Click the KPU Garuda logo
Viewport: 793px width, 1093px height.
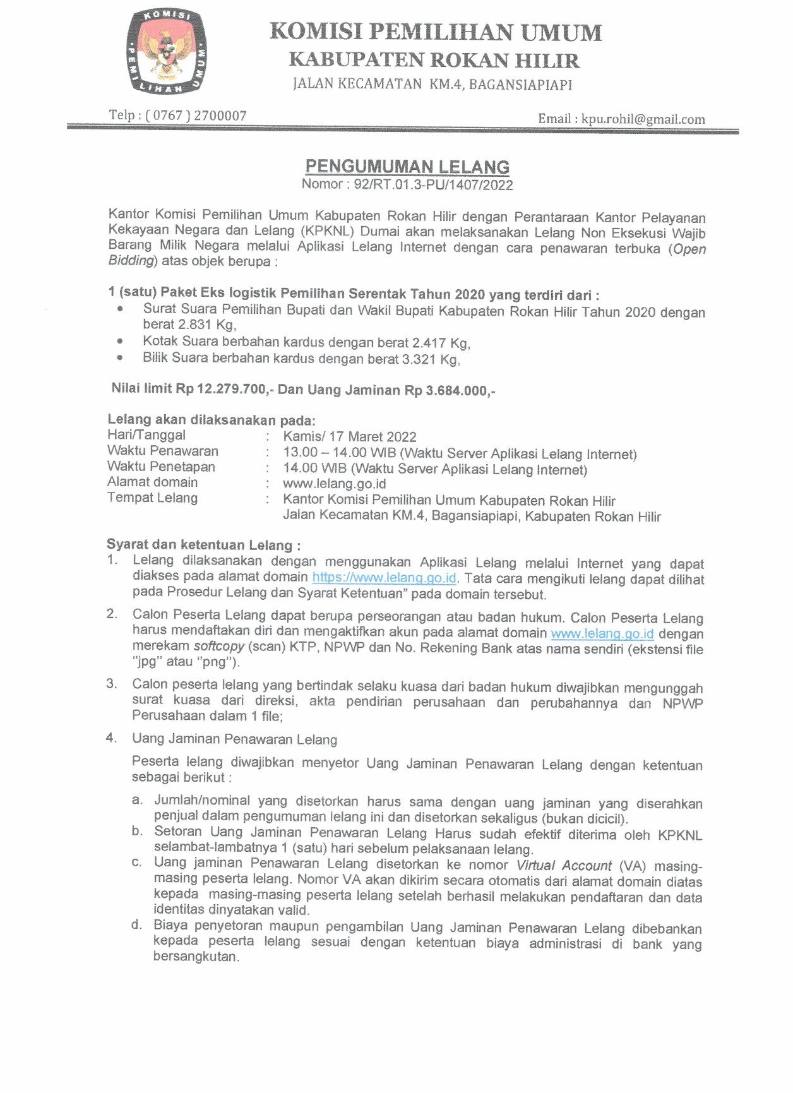pyautogui.click(x=166, y=52)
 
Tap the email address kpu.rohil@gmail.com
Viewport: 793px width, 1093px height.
pyautogui.click(x=643, y=119)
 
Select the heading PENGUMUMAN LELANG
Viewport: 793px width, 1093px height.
pyautogui.click(x=407, y=167)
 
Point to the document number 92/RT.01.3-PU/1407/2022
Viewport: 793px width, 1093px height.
pyautogui.click(x=433, y=184)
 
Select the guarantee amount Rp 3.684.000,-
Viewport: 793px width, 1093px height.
pyautogui.click(x=450, y=390)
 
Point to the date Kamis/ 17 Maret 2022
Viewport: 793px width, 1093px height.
pyautogui.click(x=350, y=437)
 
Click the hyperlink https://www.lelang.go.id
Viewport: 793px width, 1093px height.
pyautogui.click(x=384, y=578)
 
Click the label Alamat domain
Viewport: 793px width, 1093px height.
pyautogui.click(x=152, y=482)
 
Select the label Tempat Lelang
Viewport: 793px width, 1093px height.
pyautogui.click(x=152, y=498)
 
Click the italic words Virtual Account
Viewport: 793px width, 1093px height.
pyautogui.click(x=564, y=866)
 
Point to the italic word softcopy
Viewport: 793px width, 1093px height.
pyautogui.click(x=219, y=646)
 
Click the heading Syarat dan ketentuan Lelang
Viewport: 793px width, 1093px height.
pyautogui.click(x=203, y=545)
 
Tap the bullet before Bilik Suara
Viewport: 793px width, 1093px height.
pyautogui.click(x=120, y=357)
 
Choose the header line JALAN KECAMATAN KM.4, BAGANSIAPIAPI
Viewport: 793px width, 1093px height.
pyautogui.click(x=432, y=84)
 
